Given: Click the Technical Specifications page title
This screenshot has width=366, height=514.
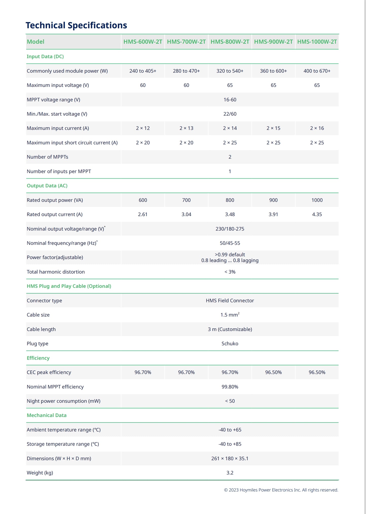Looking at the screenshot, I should pos(76,25).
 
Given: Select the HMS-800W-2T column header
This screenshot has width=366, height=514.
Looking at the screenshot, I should pos(230,42).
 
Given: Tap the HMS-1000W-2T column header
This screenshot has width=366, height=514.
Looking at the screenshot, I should pos(317,42).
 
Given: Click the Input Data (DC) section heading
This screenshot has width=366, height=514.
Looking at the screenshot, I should pos(45,56).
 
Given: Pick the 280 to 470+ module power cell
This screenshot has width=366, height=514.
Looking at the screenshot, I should pos(186,71).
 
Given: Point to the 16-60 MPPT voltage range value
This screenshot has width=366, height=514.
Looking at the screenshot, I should pos(230,100).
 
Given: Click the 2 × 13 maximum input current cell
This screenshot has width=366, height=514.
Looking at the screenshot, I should pos(186,128).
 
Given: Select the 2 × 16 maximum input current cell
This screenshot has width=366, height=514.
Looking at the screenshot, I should pos(317,128).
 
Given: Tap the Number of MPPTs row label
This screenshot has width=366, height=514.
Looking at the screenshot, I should pos(47,157).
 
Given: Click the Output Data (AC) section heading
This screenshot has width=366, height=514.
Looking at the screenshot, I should pos(47,186).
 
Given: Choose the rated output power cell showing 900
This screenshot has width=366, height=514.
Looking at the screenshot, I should pos(273,200).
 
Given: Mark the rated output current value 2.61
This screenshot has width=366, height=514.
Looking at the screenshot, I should pos(143,214).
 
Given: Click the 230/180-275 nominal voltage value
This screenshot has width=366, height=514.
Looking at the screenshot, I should pos(230,229).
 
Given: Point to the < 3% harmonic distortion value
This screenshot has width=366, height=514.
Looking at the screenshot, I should pos(230,272).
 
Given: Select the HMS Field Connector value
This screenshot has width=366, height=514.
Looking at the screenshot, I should pos(230,301).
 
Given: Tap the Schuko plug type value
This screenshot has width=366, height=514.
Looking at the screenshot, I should pos(230,344).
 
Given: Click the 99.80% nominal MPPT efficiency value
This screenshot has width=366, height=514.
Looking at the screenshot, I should pos(230,387).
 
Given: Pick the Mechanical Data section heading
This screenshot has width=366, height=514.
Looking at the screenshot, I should pos(47,415).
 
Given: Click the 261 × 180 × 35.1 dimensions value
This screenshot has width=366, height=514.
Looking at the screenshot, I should pos(230,459).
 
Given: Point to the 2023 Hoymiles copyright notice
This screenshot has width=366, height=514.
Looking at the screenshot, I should pos(281,490).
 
